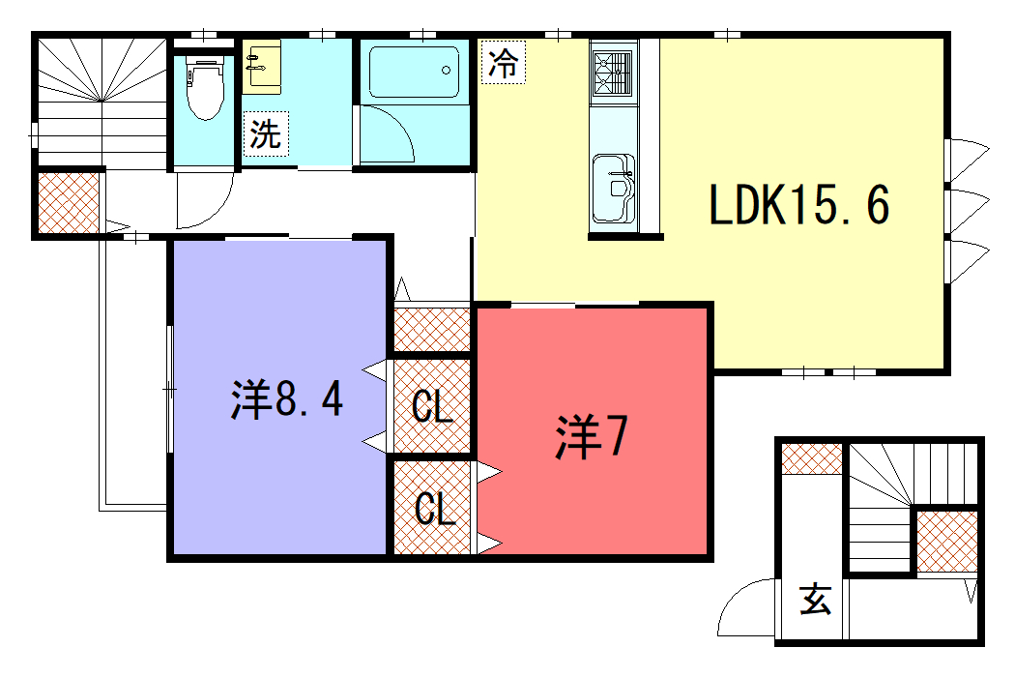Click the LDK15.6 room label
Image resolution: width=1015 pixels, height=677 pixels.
coord(799,204)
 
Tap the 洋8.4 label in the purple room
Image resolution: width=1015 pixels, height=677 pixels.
coord(287,398)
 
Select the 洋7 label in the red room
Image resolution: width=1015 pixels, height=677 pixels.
coord(592,437)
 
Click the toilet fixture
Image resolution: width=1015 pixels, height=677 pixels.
coord(205,87)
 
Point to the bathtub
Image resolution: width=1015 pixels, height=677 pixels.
coord(414,72)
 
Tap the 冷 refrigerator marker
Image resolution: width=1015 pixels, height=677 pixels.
coord(503,62)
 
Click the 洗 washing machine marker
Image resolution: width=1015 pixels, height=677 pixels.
coord(266,133)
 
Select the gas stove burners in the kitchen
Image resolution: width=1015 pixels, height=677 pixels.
coord(613,74)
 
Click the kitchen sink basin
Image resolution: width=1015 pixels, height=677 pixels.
coord(613,188)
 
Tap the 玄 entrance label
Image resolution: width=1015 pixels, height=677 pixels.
coord(815,600)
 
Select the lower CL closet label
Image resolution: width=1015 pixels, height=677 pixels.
coord(434,508)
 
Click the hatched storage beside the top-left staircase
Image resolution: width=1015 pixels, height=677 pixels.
coord(69,203)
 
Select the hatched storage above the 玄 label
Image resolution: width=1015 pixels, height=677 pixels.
coord(812,459)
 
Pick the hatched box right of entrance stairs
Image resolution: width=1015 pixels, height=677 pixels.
coord(947,542)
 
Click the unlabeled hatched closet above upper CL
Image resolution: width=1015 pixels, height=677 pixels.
coord(432,331)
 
